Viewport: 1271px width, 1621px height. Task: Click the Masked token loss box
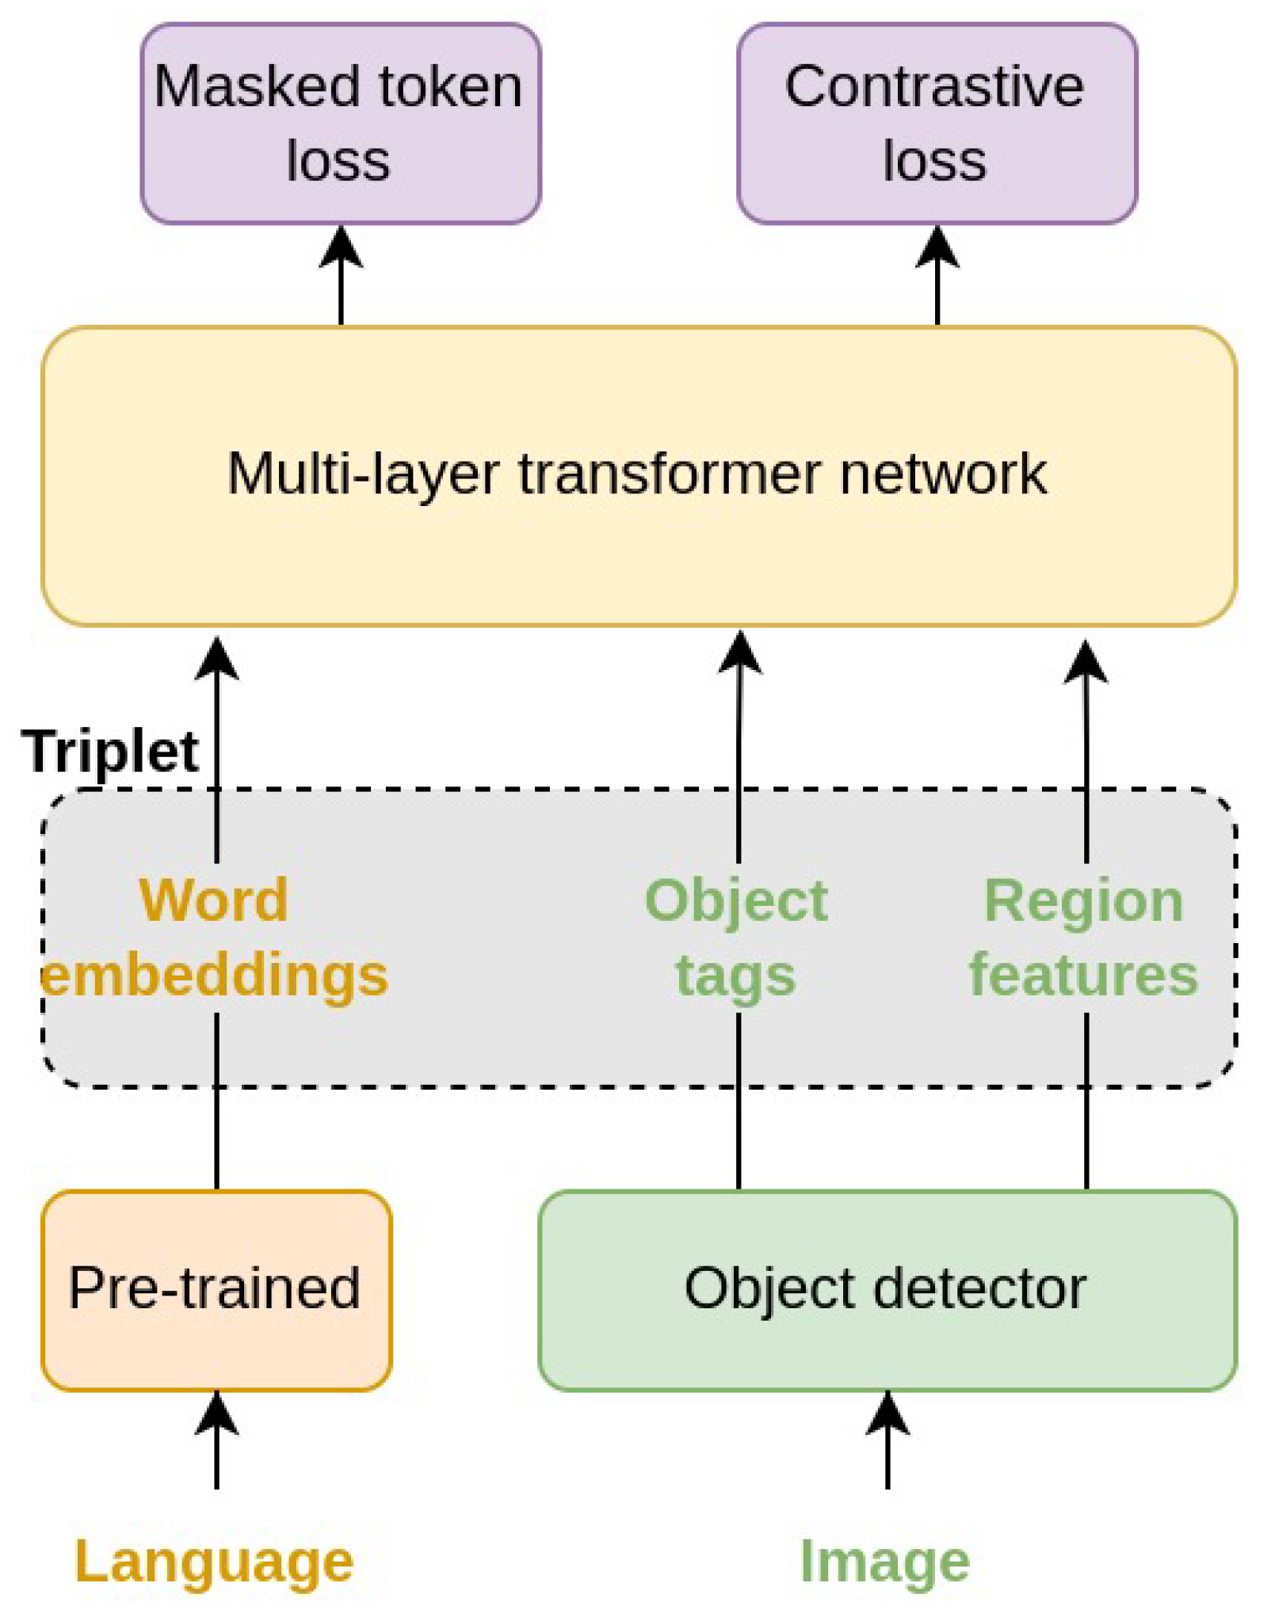click(x=341, y=123)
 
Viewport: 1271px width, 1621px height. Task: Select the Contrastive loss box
click(x=937, y=123)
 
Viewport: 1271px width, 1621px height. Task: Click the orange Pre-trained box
click(x=216, y=1289)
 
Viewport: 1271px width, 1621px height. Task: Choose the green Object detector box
click(x=886, y=1289)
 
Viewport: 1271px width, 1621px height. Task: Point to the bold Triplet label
click(x=110, y=751)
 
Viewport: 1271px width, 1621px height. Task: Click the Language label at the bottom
click(x=214, y=1561)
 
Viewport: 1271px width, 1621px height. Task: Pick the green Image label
click(x=884, y=1561)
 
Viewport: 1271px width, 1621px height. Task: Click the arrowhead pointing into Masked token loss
click(x=341, y=247)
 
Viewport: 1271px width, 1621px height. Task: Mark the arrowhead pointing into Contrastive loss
click(x=937, y=247)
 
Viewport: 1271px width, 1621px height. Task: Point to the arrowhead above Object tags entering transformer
click(x=739, y=653)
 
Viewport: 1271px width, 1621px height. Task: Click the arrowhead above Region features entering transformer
click(x=1085, y=662)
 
